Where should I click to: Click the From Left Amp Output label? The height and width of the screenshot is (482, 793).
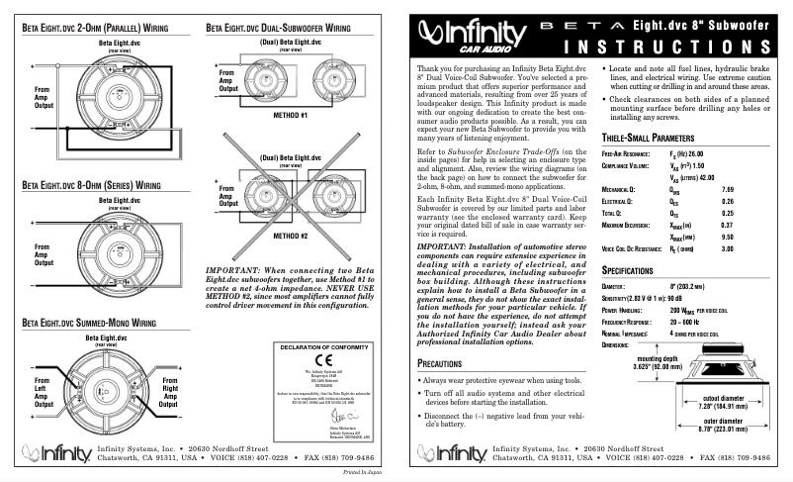tap(43, 389)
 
